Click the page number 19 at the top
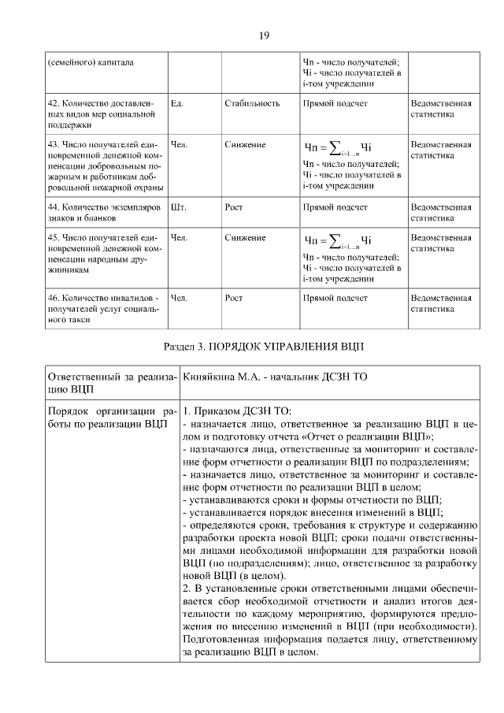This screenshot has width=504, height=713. coord(265,35)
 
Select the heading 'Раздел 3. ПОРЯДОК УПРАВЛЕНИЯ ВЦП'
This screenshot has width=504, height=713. coord(264,346)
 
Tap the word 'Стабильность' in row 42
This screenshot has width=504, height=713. coord(252,103)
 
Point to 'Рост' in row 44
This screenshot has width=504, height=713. coord(234,207)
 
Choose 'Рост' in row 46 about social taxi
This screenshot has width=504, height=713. coord(234,299)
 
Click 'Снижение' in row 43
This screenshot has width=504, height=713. coord(245,145)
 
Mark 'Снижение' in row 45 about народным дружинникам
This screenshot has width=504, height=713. coord(245,236)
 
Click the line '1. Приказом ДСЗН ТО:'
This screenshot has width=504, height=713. coord(237,411)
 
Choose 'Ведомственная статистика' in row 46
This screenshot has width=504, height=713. coord(440,304)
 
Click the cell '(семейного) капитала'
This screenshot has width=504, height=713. coord(90,62)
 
